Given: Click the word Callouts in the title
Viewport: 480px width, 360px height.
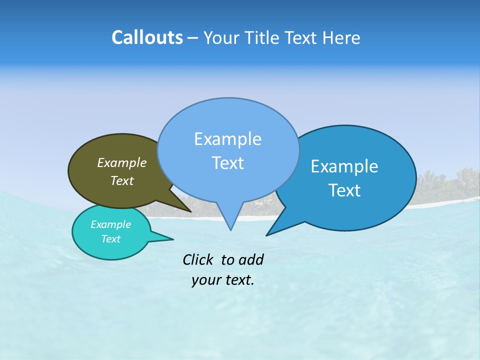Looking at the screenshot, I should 147,37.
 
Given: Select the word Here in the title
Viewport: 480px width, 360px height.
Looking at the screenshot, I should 341,38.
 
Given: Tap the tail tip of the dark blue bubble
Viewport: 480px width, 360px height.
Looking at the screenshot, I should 268,234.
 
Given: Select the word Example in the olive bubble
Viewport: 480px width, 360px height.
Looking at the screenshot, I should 122,162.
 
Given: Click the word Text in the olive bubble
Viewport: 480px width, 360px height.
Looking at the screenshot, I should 122,180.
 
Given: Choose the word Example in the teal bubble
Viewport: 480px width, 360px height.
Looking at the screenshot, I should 111,224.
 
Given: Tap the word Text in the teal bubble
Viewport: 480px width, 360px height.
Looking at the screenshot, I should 111,239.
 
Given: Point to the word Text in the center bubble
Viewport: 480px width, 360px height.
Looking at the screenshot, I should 227,162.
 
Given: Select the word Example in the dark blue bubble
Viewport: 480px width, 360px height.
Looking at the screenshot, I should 344,166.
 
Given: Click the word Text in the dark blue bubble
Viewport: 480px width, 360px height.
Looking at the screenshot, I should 344,190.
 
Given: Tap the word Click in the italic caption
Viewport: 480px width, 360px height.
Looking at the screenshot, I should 198,259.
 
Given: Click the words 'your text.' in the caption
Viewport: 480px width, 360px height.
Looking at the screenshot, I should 223,280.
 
